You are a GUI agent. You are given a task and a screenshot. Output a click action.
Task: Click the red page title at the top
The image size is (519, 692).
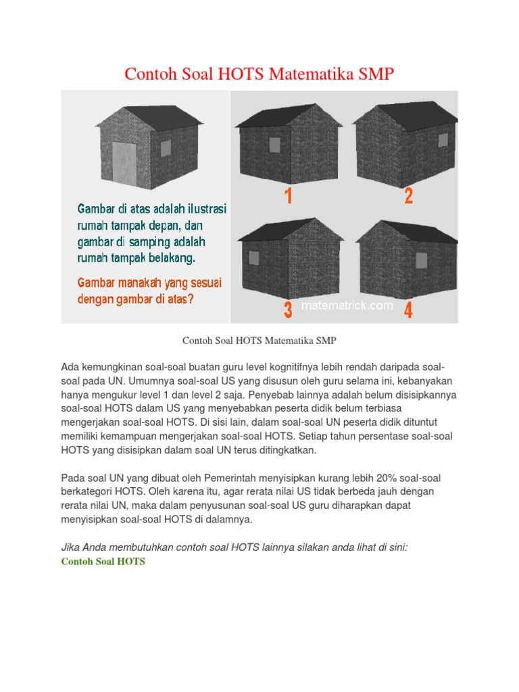click(x=259, y=74)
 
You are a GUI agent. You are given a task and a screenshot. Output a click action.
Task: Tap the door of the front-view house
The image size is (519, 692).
click(x=125, y=164)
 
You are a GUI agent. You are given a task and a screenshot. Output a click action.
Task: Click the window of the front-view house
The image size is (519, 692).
click(x=166, y=148)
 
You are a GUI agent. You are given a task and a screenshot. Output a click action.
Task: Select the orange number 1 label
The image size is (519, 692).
click(x=289, y=195)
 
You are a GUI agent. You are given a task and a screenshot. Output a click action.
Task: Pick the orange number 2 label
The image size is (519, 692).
click(x=409, y=195)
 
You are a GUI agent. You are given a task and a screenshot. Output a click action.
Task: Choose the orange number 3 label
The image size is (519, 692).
click(x=288, y=310)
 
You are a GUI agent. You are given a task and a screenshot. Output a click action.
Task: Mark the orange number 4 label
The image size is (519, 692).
click(x=408, y=310)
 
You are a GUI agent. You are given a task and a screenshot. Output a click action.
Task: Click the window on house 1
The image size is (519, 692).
click(x=274, y=145)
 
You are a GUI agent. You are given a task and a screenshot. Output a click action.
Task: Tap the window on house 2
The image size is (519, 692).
click(x=443, y=140)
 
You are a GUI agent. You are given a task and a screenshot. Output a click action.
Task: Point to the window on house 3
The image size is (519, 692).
click(x=254, y=257)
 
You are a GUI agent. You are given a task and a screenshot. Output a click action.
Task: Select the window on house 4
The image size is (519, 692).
click(x=422, y=260)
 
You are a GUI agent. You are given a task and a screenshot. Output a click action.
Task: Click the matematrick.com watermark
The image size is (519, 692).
click(x=347, y=305)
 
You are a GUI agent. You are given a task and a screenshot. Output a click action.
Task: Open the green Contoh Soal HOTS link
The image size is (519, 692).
click(x=103, y=562)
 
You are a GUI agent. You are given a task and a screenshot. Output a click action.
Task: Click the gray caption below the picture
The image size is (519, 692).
click(x=259, y=341)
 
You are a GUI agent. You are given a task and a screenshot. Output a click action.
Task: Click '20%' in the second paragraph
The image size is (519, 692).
click(x=386, y=478)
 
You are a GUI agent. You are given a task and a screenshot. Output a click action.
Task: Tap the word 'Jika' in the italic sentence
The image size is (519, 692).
click(x=70, y=547)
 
